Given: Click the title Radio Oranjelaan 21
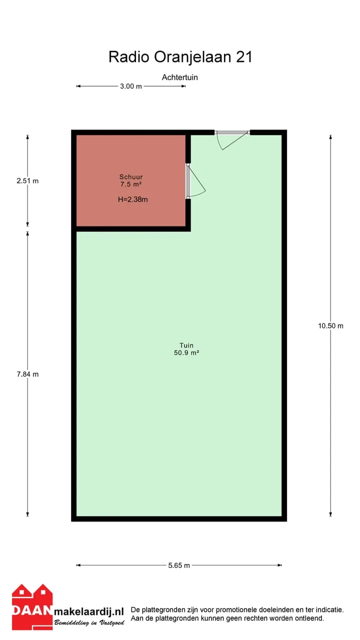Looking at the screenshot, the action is click(x=180, y=57).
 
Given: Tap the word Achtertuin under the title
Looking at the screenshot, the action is click(x=179, y=77).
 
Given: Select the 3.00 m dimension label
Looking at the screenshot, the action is click(x=131, y=86).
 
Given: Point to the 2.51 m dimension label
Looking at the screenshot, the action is click(x=27, y=181).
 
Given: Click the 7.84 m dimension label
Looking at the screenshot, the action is click(x=27, y=374).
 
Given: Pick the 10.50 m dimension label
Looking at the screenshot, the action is click(x=330, y=326).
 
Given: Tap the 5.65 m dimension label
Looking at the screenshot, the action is click(x=179, y=565).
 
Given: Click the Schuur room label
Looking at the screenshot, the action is click(x=131, y=177).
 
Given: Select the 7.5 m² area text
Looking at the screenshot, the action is click(x=131, y=184).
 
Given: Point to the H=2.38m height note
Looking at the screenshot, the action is click(x=133, y=199).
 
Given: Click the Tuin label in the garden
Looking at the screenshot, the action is click(x=186, y=345).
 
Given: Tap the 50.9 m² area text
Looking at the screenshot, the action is click(x=186, y=353).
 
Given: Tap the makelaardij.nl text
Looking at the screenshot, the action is click(x=89, y=611).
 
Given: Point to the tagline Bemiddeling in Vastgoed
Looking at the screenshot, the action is click(x=89, y=622).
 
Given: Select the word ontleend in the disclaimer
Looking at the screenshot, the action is click(x=311, y=618).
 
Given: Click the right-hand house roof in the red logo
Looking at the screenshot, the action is click(x=43, y=590).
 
